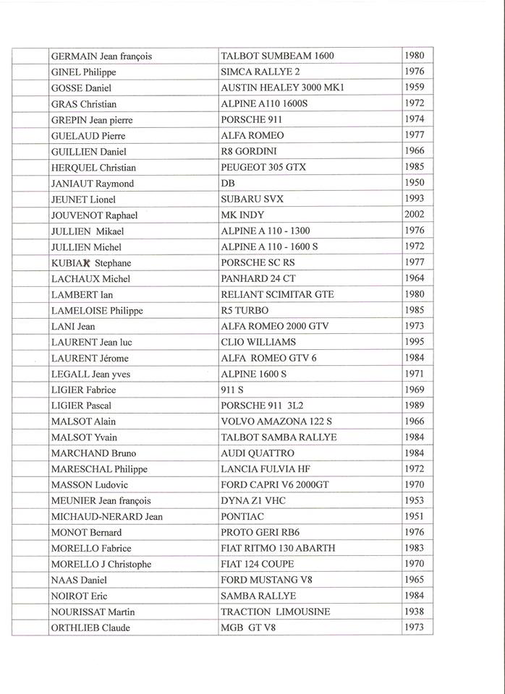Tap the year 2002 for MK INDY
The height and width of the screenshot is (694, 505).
pos(415,214)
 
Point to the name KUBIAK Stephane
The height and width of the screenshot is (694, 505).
pos(91,263)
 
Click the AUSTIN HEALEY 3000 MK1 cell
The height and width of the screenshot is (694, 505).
pos(283,88)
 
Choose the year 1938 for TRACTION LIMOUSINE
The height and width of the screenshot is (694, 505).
pos(415,611)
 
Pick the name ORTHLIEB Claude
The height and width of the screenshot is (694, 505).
pos(90,627)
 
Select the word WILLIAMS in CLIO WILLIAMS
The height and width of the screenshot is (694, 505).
pos(272,343)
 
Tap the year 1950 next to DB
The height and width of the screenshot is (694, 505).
pos(415,182)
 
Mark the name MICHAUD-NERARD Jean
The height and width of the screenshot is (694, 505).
pos(107,517)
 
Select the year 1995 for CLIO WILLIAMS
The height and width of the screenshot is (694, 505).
pos(415,341)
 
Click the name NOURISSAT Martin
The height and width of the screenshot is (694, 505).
pos(93,612)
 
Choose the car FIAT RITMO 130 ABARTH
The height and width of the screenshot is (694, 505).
pos(278,549)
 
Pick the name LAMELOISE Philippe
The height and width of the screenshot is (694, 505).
pos(97,311)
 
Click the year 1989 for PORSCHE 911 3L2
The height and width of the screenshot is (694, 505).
pos(415,405)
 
